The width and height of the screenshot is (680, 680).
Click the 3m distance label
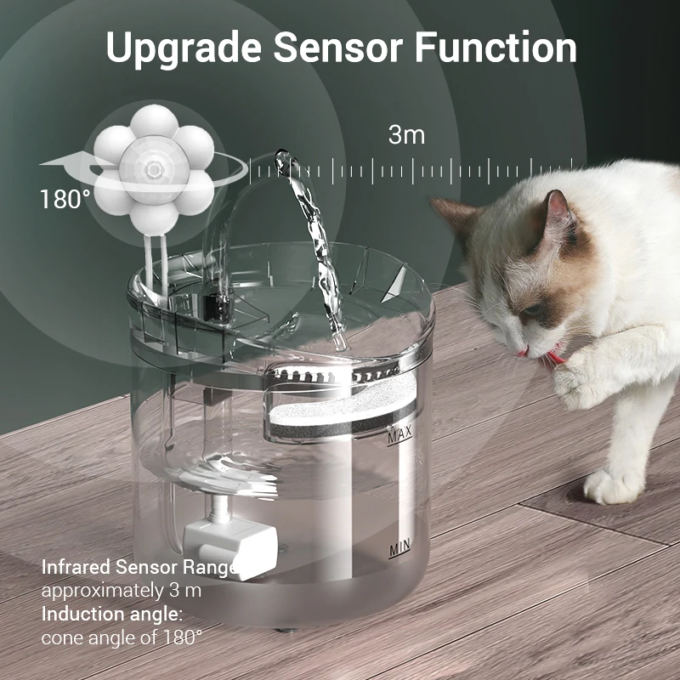[406, 134]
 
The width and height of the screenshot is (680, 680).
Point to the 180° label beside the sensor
[65, 200]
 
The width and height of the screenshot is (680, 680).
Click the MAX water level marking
[399, 438]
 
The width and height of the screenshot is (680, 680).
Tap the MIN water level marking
[399, 550]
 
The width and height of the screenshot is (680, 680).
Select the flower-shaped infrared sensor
[154, 169]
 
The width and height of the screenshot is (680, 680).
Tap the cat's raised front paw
[586, 374]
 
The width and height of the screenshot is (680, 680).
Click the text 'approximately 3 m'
[122, 590]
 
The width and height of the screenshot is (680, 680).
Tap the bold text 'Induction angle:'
[111, 614]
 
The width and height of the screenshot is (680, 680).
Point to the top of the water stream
[283, 157]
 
